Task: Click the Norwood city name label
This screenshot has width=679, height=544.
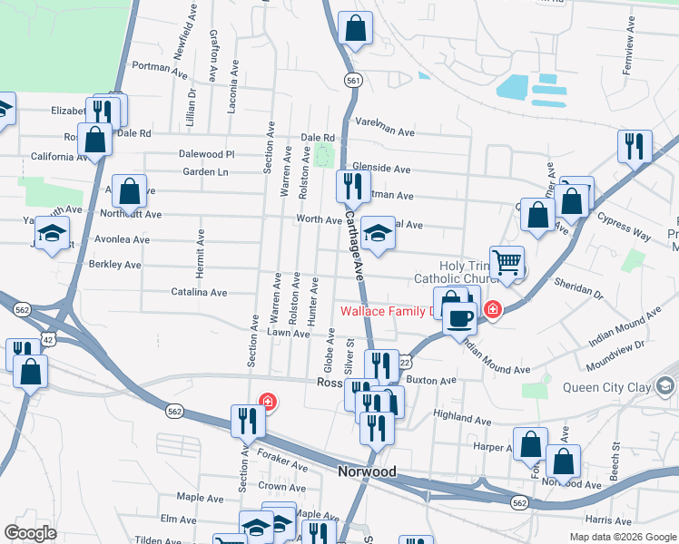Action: point(367,472)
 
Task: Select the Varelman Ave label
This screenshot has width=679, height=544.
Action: point(385,127)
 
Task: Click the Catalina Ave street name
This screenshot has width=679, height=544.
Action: point(199,292)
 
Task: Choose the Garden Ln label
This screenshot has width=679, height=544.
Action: point(204,171)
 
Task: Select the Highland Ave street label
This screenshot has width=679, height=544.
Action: point(462,418)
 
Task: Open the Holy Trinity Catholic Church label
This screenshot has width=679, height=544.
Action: point(451,271)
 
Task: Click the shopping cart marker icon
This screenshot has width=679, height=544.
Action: point(507,261)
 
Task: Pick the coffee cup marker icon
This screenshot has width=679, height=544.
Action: point(460,316)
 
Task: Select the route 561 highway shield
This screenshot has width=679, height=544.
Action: point(353,81)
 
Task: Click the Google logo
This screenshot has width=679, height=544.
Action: point(30,533)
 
